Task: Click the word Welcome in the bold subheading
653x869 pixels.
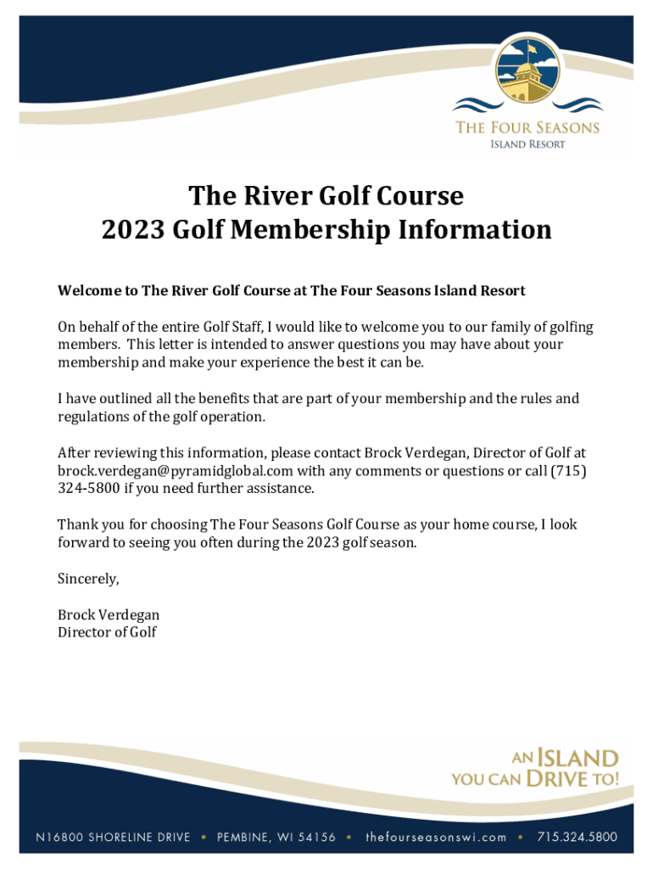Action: point(89,291)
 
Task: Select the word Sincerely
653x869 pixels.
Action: point(88,579)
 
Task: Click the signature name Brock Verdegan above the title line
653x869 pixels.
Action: point(109,614)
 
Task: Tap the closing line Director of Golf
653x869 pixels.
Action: point(107,632)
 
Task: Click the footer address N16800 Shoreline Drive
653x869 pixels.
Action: point(113,837)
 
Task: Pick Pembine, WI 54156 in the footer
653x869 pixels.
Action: point(276,837)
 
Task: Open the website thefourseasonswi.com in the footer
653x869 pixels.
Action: point(436,837)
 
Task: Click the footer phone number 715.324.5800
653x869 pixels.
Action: point(578,837)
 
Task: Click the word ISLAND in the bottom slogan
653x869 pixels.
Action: point(578,757)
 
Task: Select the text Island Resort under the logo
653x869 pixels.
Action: point(527,144)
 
